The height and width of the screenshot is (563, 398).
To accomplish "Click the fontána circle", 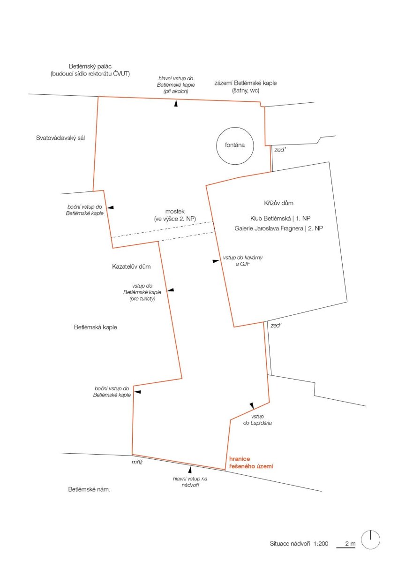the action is pyautogui.click(x=217, y=146).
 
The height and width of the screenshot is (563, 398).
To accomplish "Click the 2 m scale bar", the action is pyautogui.click(x=346, y=547).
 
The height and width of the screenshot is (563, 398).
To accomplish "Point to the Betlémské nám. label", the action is pyautogui.click(x=89, y=489).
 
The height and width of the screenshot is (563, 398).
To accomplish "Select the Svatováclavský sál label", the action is pyautogui.click(x=60, y=138).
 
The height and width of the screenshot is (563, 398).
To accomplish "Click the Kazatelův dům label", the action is pyautogui.click(x=131, y=266).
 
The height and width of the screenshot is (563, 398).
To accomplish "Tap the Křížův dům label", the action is pyautogui.click(x=278, y=203).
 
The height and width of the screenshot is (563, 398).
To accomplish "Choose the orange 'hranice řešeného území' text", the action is pyautogui.click(x=251, y=463).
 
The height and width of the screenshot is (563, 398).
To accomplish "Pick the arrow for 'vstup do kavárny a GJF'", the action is pyautogui.click(x=216, y=261).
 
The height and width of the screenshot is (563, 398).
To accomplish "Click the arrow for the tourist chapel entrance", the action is pyautogui.click(x=171, y=290).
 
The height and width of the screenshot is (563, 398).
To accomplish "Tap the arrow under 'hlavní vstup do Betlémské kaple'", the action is pyautogui.click(x=176, y=103).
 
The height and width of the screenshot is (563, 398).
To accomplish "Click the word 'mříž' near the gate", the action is pyautogui.click(x=137, y=462).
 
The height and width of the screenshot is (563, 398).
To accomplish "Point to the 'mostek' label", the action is pyautogui.click(x=175, y=212).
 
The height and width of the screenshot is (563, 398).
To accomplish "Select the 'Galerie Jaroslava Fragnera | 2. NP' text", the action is pyautogui.click(x=279, y=228).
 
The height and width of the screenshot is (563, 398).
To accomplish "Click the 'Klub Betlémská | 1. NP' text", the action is pyautogui.click(x=280, y=218).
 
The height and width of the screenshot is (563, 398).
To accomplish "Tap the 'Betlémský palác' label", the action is pyautogui.click(x=90, y=66).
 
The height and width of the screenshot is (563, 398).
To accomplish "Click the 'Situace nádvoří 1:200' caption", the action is pyautogui.click(x=299, y=543).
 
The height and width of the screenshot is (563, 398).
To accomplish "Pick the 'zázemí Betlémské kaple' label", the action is pyautogui.click(x=246, y=83).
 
